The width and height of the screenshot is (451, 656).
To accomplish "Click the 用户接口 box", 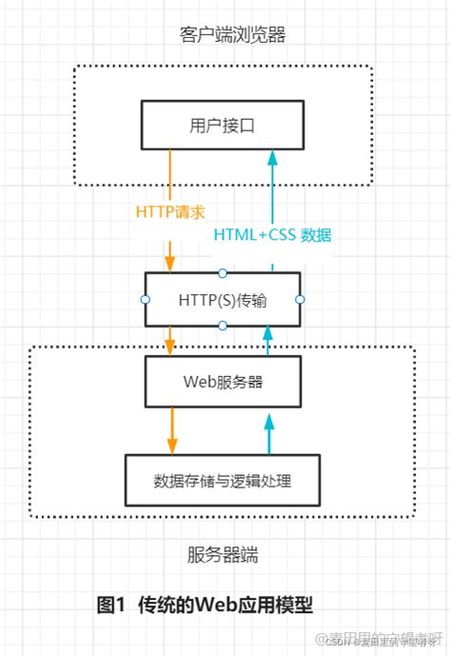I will tap(222, 124).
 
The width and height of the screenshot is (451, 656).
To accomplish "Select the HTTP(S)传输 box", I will tap(222, 299).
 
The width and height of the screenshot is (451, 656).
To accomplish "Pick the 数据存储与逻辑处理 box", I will tap(222, 480).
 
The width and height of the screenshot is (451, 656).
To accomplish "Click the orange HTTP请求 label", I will tap(171, 210).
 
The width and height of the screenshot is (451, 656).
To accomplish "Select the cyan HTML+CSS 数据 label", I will tap(272, 234).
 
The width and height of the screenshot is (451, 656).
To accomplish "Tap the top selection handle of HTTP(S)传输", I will tap(223, 272).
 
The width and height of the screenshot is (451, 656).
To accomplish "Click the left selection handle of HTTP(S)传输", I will tap(145, 299).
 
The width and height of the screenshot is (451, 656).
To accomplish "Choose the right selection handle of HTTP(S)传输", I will tap(300, 299).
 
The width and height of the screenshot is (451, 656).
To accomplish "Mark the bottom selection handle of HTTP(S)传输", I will tap(223, 326).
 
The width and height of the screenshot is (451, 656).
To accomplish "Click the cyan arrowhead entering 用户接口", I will tap(270, 158).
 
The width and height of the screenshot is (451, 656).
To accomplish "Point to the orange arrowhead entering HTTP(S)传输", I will tap(171, 262).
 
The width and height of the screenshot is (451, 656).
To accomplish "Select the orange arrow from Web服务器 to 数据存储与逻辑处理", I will tap(171, 429).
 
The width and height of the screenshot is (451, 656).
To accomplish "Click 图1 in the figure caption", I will tap(113, 605).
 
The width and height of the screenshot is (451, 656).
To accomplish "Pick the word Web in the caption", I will tap(218, 605).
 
